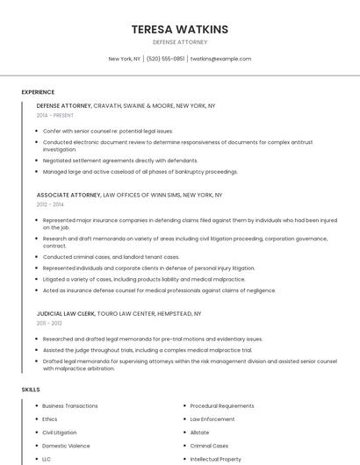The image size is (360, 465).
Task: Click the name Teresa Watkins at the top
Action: coord(180,29)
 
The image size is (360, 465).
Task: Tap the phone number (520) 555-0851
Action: coord(165,59)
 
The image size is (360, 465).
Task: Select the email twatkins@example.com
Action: coord(221,59)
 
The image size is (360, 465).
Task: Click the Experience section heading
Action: coord(38,92)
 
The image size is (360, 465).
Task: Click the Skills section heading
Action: coord(31,389)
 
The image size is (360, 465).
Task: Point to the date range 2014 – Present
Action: coord(55,116)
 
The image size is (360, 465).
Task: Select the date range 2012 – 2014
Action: coord(50,204)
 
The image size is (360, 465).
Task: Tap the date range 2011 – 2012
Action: coord(49,324)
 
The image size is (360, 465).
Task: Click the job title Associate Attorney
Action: coord(68,195)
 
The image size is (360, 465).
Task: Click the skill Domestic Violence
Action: coord(66,446)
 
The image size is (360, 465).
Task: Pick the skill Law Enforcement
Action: coord(212,419)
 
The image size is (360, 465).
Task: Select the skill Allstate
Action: coord(199,433)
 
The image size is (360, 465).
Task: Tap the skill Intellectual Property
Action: coord(216,459)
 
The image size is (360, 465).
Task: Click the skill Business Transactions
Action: coord(70,406)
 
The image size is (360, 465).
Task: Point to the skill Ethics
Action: coord(50,419)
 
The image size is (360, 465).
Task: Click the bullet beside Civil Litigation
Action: coord(35,433)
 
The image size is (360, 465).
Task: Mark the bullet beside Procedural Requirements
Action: coord(183,406)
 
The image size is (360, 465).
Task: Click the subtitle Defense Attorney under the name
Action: coord(180,42)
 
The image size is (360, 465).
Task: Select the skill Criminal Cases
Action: coord(209,446)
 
